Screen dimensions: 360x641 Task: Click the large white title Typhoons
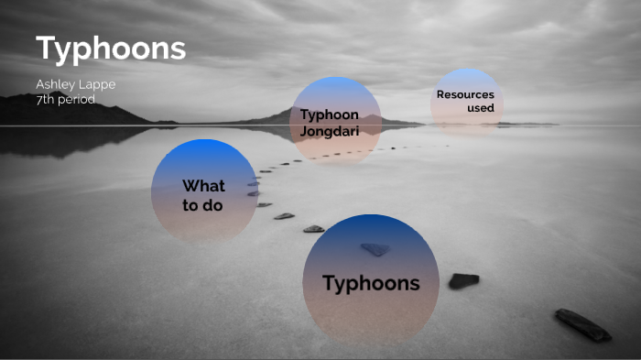[x=111, y=49]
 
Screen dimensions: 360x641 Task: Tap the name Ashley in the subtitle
[x=53, y=85]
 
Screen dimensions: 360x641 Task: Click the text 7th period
[x=65, y=99]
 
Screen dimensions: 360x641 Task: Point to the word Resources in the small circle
[x=465, y=94]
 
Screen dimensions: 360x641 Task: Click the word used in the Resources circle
[x=480, y=108]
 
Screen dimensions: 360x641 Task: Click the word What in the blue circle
[x=203, y=187]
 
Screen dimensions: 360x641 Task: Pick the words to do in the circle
[x=202, y=205]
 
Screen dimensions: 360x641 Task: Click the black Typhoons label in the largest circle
[x=371, y=283]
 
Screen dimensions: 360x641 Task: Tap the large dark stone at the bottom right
[x=582, y=325]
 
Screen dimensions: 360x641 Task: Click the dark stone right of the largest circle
[x=463, y=280]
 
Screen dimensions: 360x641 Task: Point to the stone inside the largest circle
[x=375, y=248]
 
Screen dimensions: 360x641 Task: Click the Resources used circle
[x=466, y=103]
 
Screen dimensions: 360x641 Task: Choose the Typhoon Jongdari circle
[x=335, y=121]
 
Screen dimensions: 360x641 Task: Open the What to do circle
[x=204, y=191]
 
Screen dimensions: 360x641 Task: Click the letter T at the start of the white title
[x=47, y=49]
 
